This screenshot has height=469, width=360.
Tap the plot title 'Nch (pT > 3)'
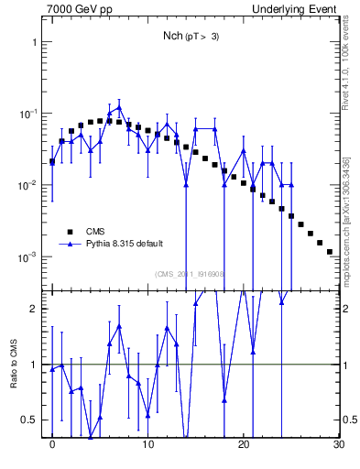191,36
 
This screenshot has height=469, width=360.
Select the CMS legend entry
96,232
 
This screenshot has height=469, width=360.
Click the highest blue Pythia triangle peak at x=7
119,107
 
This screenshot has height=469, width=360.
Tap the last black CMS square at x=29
329,251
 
